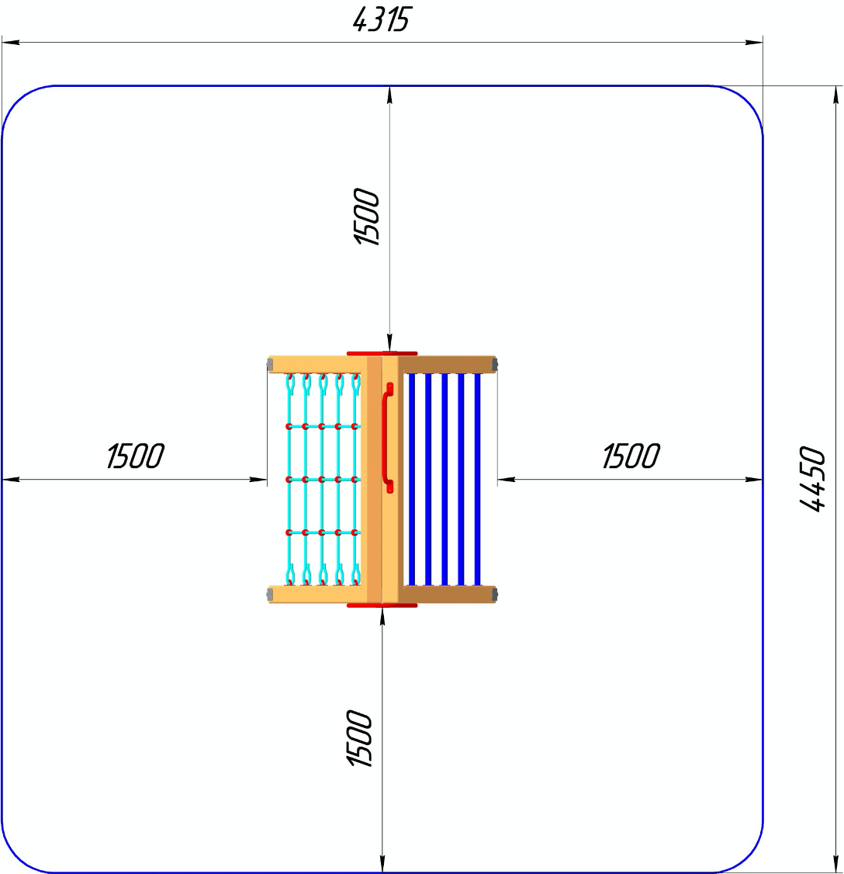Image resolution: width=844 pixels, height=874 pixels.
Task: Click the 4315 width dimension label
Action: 382,20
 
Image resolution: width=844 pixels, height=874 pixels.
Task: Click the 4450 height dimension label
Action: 813,479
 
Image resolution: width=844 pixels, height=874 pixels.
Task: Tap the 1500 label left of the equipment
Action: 136,456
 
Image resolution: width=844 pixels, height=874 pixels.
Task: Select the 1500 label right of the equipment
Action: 631,456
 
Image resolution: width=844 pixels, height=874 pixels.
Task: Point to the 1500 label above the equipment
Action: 367,217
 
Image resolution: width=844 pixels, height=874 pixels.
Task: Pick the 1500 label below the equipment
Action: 359,738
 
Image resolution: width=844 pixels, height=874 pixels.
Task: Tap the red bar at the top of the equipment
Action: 382,353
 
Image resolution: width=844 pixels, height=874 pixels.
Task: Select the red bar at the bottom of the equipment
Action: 382,605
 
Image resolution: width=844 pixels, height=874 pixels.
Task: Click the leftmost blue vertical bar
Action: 412,480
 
